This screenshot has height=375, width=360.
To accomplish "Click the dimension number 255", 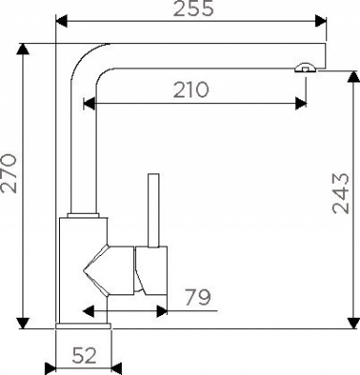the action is tap(194, 8).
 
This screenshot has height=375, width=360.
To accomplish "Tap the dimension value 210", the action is tap(190, 90).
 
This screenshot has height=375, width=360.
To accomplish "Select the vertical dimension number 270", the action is tap(8, 173).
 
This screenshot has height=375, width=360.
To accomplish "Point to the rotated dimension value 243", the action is tap(340, 193).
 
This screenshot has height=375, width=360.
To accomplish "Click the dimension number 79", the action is tap(198, 297).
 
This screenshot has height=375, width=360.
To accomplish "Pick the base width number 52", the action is tap(84, 355).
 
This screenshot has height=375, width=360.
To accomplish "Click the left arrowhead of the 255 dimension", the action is tap(61, 22).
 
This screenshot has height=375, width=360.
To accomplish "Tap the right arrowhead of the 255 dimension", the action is tap(321, 22).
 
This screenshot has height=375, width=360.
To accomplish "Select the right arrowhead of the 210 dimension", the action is tap(301, 103).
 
